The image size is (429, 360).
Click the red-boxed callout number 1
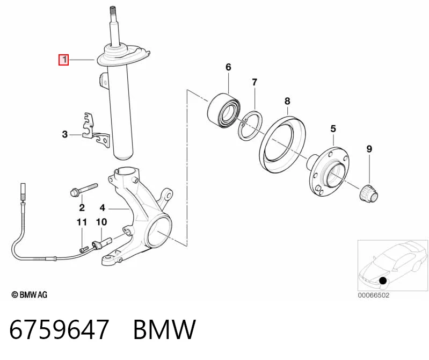pos(63,60)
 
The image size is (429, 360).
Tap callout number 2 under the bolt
pos(82,207)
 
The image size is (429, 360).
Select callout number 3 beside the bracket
pos(65,134)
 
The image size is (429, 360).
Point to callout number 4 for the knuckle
pos(103,208)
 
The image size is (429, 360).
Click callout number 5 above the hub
pos(333,128)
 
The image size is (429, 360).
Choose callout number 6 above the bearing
pos(228,67)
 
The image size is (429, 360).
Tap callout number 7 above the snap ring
pos(255,82)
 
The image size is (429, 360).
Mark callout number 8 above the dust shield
pos(287,101)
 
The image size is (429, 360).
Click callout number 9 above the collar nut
pos(369,149)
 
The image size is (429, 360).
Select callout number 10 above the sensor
pos(101,222)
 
